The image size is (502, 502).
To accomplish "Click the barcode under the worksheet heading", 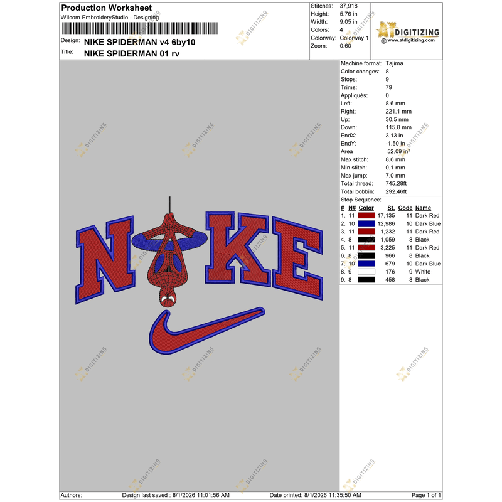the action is (x=140, y=28).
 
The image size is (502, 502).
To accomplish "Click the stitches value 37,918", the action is (x=348, y=6).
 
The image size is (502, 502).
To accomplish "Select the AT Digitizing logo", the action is (x=407, y=32).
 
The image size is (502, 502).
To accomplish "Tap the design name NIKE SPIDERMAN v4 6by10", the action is (x=139, y=42).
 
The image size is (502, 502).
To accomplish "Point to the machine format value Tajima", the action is (x=394, y=63).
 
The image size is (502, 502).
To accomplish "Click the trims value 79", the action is (x=388, y=87).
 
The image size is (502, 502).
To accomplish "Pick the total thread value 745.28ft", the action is (x=396, y=183).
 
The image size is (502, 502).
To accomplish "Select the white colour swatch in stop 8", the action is (x=366, y=272).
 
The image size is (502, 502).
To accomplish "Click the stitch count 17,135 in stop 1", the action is (x=386, y=216).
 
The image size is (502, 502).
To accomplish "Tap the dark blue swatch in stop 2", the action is (x=366, y=224).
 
